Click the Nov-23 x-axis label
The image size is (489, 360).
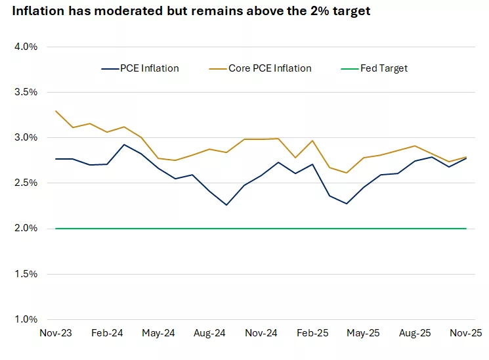pos(56,334)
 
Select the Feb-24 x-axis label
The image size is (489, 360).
pos(107,334)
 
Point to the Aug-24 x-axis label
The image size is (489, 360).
pos(209,334)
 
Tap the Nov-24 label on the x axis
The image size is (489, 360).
pos(261,334)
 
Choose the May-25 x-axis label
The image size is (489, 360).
pos(364,334)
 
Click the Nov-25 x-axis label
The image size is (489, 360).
pos(466,334)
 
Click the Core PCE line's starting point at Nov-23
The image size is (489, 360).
pos(56,111)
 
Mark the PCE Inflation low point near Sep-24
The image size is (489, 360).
pos(226,205)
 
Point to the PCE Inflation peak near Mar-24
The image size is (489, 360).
pos(124,145)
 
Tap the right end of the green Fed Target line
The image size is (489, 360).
pos(466,229)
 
